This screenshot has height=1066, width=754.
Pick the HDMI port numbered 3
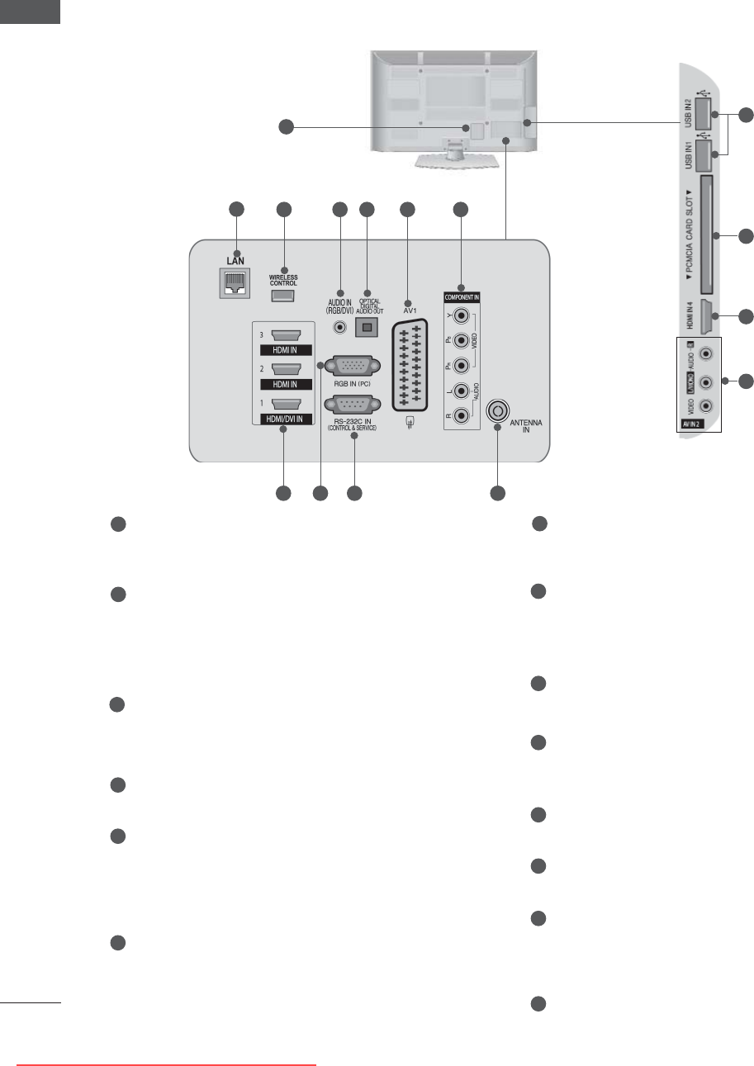(283, 336)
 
